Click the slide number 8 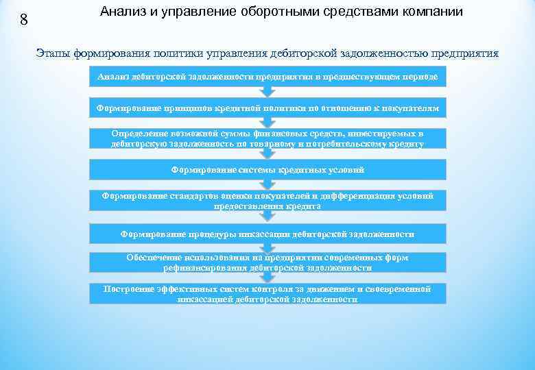(24, 20)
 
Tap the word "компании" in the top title (429, 12)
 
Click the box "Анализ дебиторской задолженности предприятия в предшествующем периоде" (267, 77)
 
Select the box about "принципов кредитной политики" (267, 108)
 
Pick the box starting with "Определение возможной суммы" (267, 138)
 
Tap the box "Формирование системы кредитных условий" (267, 169)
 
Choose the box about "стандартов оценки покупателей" (267, 200)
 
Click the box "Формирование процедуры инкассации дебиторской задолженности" (267, 234)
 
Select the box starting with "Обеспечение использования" (267, 262)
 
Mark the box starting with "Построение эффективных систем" (267, 294)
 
